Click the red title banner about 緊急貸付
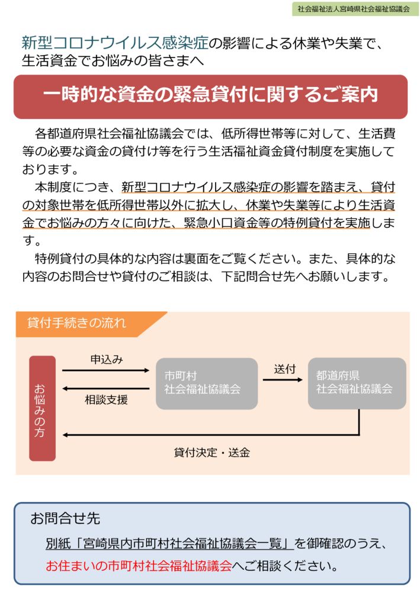[210, 96]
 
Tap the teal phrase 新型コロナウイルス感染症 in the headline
[115, 43]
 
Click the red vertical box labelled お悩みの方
[43, 408]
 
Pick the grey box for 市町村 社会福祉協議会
[207, 383]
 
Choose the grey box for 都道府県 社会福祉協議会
[357, 383]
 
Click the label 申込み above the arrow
[107, 359]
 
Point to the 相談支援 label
[106, 399]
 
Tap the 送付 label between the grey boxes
[284, 369]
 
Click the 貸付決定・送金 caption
[211, 452]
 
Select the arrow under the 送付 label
[283, 380]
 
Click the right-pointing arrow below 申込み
[105, 370]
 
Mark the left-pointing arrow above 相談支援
[105, 388]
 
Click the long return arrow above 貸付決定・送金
[211, 435]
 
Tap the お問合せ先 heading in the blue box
[65, 518]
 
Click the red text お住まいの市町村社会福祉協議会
[139, 565]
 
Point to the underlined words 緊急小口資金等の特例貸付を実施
[277, 223]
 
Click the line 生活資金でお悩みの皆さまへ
[113, 61]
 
